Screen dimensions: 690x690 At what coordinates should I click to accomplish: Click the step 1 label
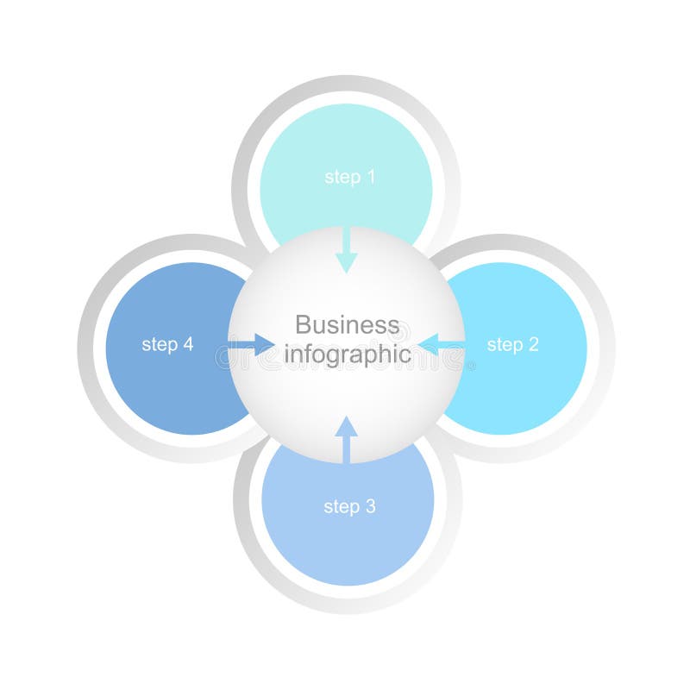coord(349,178)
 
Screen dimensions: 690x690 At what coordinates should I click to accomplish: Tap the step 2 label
coord(512,345)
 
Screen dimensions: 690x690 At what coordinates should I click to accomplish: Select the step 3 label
coord(349,507)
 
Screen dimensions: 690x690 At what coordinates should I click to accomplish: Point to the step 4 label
coord(167,345)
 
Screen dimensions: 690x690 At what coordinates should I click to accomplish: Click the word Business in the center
coord(347,325)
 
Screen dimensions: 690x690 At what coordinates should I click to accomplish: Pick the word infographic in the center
coord(347,354)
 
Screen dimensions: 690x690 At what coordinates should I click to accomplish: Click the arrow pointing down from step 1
coord(347,250)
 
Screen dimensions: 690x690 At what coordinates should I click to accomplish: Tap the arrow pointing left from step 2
coord(441,345)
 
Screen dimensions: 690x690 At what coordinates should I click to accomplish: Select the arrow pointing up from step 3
coord(346,439)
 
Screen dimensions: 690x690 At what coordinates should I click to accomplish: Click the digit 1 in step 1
coord(371,178)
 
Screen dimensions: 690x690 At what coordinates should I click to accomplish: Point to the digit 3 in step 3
coord(370,507)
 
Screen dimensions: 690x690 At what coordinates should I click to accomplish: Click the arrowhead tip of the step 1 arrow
coord(347,272)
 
